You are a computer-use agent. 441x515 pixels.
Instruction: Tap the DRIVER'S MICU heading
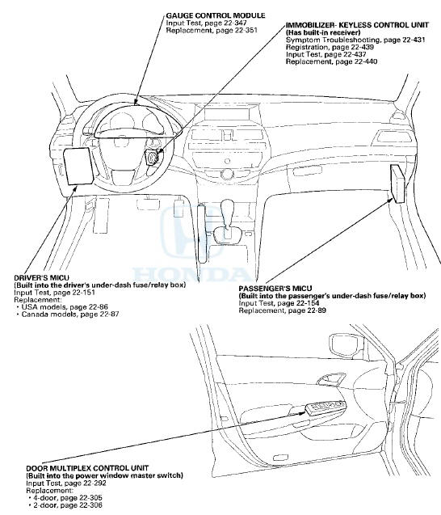click(x=36, y=276)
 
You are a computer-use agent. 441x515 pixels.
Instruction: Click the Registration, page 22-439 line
click(x=320, y=47)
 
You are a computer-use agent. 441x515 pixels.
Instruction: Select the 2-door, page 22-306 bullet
click(x=52, y=505)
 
